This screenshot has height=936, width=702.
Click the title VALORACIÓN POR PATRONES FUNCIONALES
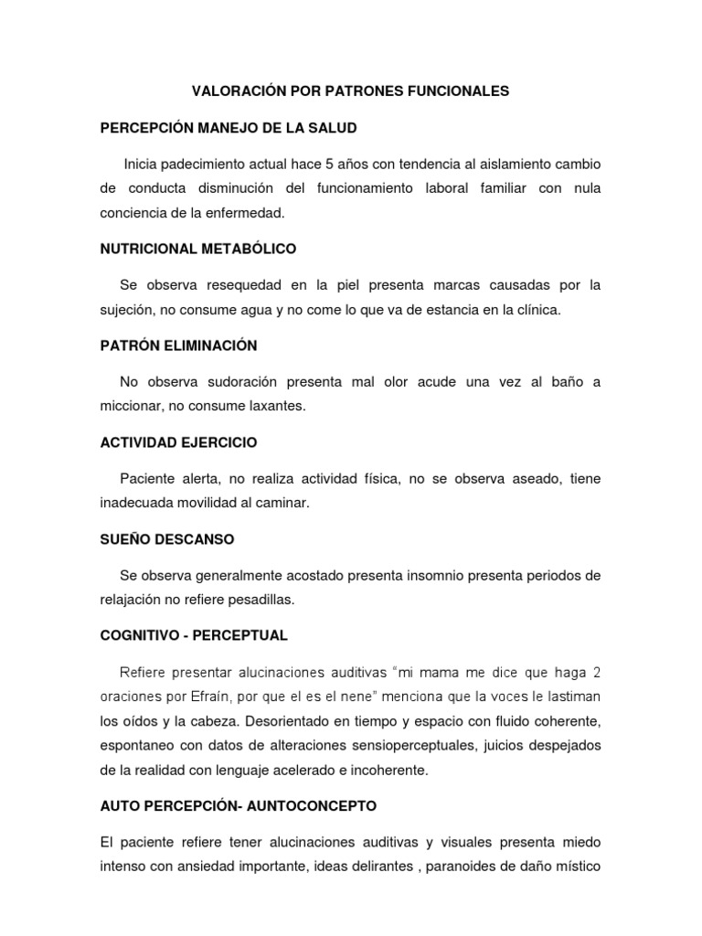(x=349, y=92)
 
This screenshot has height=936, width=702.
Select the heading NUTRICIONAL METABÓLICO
(x=198, y=249)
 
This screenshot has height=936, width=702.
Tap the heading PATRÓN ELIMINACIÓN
(x=179, y=346)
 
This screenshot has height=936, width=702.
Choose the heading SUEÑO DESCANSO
(x=167, y=539)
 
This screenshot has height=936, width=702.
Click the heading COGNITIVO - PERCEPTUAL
(x=195, y=635)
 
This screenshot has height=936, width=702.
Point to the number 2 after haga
(x=596, y=673)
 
